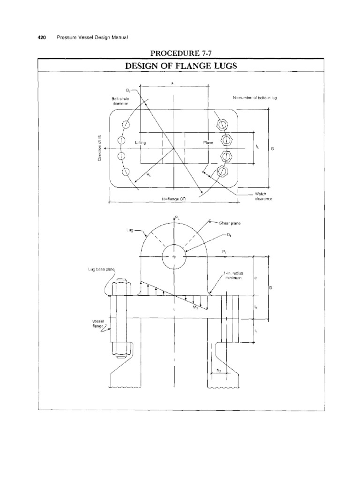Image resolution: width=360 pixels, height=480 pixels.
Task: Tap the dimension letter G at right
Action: point(272,149)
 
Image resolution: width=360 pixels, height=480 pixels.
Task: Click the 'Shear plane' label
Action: point(228,223)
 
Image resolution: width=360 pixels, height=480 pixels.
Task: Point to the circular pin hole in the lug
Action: point(174,256)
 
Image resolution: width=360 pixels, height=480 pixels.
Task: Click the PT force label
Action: point(225,252)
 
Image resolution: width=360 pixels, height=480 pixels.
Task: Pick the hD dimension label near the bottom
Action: point(219,371)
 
